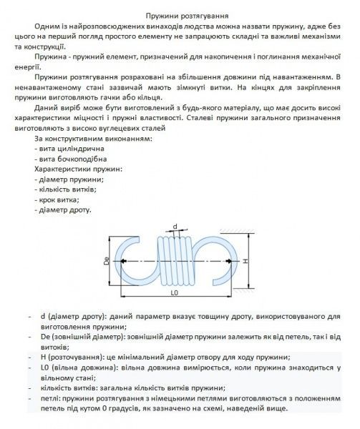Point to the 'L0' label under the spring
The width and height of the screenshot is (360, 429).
coord(174,295)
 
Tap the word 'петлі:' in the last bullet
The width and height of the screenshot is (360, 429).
coord(51,398)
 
